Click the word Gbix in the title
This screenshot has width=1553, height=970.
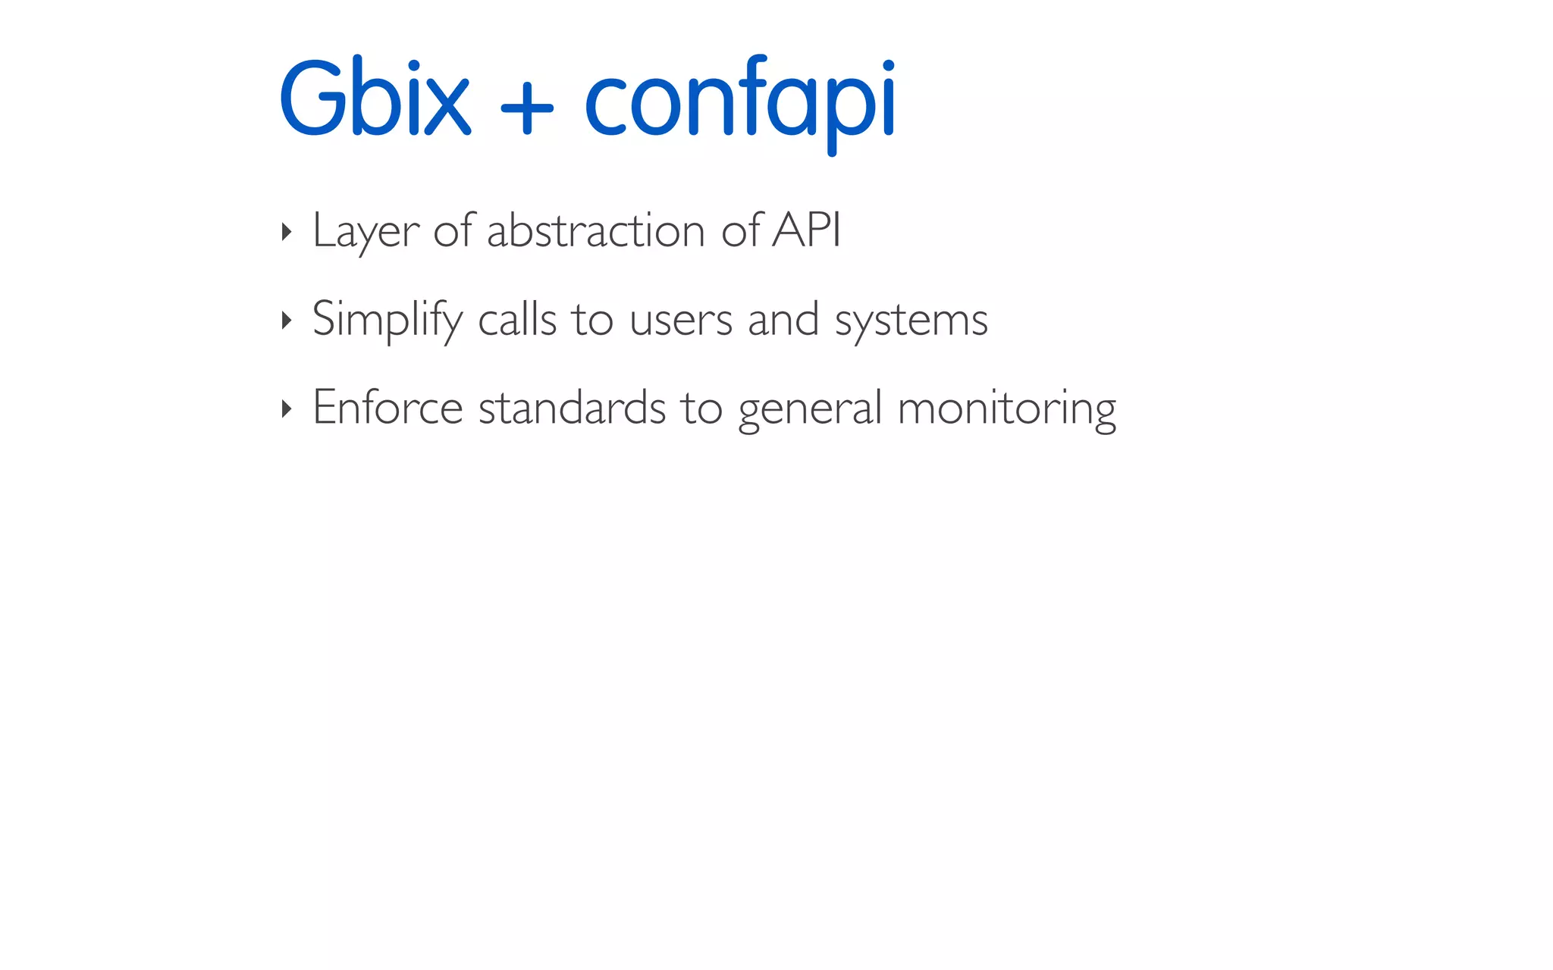(375, 99)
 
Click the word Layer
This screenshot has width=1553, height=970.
(366, 231)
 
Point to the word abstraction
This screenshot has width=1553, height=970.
(596, 230)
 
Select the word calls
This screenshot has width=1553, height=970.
(517, 319)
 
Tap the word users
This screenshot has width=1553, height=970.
(680, 321)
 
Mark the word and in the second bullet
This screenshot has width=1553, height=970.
(783, 319)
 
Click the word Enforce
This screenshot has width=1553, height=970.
(387, 408)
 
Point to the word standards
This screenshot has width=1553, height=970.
(572, 408)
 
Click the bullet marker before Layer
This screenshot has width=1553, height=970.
(286, 232)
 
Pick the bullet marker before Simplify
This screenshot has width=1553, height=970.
(286, 321)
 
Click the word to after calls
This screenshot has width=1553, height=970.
(592, 320)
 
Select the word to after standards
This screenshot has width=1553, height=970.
(701, 408)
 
